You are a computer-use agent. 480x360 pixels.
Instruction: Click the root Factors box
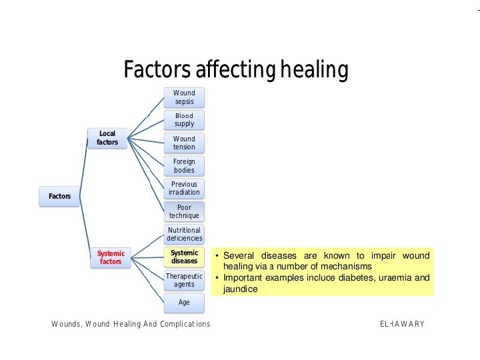point(59,196)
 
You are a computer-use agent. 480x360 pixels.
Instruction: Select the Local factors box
point(107,138)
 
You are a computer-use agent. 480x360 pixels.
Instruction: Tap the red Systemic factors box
point(111,257)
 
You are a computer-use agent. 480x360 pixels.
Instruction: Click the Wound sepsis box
point(184,97)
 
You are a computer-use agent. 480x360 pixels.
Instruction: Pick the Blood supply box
point(184,120)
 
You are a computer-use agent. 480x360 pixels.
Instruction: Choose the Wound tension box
point(184,143)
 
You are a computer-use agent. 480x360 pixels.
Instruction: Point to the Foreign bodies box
point(184,166)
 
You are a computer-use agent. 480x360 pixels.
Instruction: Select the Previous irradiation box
point(184,188)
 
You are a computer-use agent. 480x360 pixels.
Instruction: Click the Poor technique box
point(184,211)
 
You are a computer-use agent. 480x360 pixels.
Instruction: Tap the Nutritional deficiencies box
point(184,234)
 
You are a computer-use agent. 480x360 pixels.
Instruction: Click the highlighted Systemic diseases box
point(184,257)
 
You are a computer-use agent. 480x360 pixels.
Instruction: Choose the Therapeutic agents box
point(184,280)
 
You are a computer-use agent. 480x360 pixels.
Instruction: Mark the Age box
point(184,302)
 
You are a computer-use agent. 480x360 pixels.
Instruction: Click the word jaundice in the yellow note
point(240,289)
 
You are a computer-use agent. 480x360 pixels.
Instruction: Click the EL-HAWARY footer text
point(402,324)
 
